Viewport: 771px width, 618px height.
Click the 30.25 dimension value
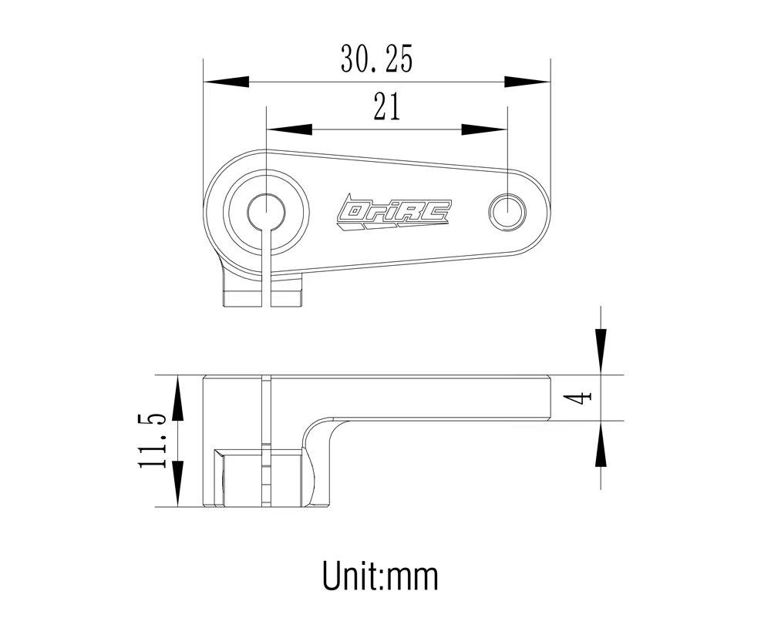[x=376, y=59]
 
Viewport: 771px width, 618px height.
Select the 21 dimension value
[x=387, y=108]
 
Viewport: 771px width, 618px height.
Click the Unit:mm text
[x=380, y=575]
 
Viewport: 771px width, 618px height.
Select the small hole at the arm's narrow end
[x=508, y=210]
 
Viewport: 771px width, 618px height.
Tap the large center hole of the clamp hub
[x=266, y=210]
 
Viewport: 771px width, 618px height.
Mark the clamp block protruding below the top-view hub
[x=262, y=292]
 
